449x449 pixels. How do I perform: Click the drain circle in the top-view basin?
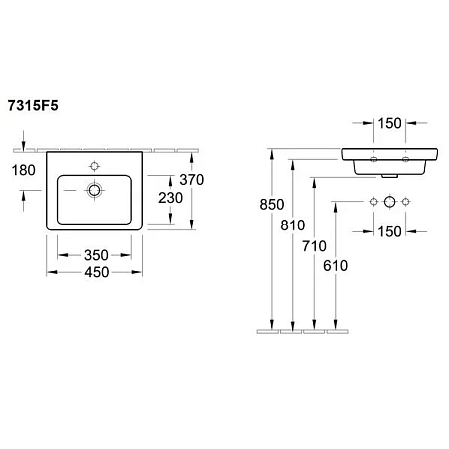click(x=95, y=189)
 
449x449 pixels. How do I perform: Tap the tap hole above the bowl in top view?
click(x=95, y=165)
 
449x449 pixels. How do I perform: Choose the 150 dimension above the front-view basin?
click(x=390, y=124)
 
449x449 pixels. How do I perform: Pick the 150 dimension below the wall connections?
click(x=390, y=233)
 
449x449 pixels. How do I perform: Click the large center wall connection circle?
click(x=390, y=202)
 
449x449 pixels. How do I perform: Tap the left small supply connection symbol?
click(x=373, y=202)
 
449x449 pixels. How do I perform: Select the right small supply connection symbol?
click(x=408, y=202)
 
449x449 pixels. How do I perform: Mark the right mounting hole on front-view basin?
click(x=408, y=158)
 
